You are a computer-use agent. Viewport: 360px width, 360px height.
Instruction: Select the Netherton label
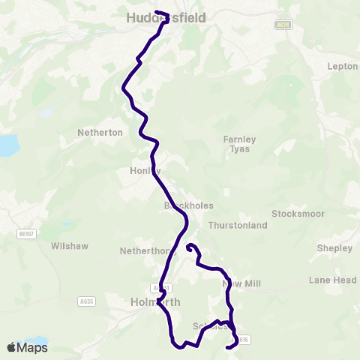pos(100,132)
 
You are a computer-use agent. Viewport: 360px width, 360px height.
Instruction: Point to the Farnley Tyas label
pos(240,143)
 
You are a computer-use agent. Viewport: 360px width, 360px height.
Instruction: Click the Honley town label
pos(145,171)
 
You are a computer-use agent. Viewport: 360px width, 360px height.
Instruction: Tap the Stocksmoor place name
pos(298,214)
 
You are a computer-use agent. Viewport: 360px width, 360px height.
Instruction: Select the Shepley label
pos(334,248)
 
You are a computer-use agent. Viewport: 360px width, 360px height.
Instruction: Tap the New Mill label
pos(241,284)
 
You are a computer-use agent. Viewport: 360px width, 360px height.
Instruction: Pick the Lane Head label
pos(332,280)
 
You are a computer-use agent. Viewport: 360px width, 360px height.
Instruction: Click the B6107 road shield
pos(26,235)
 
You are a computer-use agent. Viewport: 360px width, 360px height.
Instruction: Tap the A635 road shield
pos(86,301)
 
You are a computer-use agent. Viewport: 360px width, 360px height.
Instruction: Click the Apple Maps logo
pos(26,347)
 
